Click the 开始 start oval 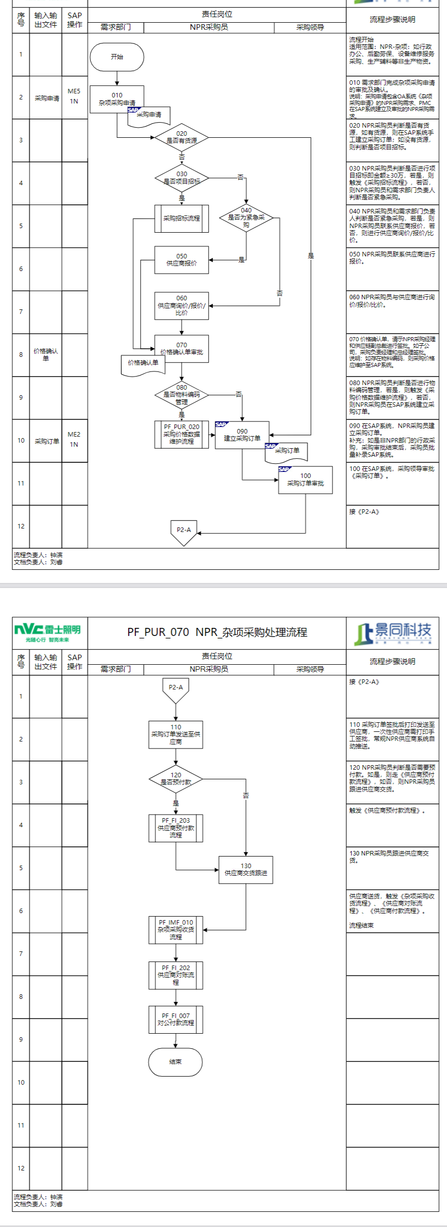point(117,57)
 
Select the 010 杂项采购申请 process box point(117,98)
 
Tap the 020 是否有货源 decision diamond point(182,137)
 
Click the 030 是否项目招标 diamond point(182,178)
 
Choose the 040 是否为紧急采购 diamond point(246,218)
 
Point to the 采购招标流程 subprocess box point(182,219)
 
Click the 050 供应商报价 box point(182,260)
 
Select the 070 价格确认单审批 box point(182,349)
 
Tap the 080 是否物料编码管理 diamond point(182,395)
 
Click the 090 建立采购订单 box point(242,435)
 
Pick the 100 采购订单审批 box point(305,479)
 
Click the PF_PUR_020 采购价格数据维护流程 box point(182,435)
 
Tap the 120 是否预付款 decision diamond point(176,779)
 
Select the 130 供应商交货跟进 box point(246,869)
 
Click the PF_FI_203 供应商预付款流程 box point(176,828)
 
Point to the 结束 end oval point(175,1061)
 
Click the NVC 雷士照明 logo point(47,632)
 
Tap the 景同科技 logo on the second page point(393,633)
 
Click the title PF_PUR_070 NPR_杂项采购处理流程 point(217,632)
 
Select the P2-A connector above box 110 point(176,689)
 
